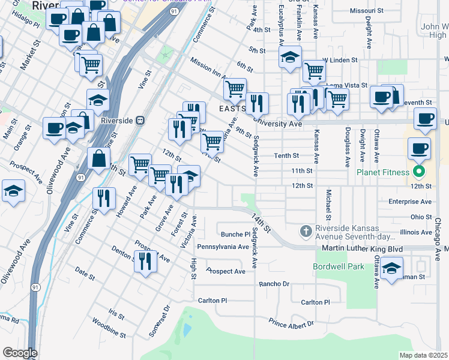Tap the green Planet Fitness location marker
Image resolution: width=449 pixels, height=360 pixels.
(x=420, y=173)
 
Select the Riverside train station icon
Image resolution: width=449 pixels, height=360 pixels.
(x=139, y=119)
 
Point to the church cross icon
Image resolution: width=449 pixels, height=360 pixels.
(x=306, y=231)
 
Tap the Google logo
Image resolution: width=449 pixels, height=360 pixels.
(x=20, y=353)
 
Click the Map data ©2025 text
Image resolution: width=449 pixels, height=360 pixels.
(x=423, y=355)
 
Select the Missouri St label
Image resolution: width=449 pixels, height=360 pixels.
(x=366, y=11)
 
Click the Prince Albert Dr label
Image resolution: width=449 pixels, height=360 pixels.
(x=291, y=323)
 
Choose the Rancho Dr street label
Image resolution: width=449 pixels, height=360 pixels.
(x=274, y=284)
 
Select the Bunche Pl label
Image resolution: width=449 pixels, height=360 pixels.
(x=235, y=234)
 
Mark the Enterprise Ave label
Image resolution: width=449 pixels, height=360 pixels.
(x=410, y=202)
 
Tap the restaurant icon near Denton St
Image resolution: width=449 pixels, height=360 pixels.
(x=145, y=261)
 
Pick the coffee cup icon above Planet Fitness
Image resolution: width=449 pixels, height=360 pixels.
(x=419, y=148)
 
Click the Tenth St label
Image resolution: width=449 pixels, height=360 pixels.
(x=286, y=155)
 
